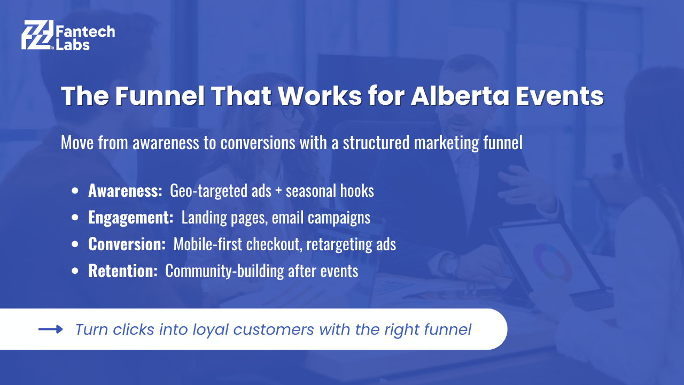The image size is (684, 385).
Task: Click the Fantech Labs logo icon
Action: (37, 35)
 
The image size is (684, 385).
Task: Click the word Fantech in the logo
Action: (85, 32)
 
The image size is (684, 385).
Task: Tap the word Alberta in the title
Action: (460, 96)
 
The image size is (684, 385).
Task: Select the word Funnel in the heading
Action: (160, 96)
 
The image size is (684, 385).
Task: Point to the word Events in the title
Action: (559, 96)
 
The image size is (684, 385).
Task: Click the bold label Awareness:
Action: (125, 191)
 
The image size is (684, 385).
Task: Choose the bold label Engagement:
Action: (131, 218)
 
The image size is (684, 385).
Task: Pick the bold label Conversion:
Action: (127, 244)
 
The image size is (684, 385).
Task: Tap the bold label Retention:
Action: (123, 271)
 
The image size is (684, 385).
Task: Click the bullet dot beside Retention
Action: (75, 271)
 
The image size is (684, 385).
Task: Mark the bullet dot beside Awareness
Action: (75, 191)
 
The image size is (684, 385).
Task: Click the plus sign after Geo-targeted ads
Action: (278, 191)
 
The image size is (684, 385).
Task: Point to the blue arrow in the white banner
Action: (51, 329)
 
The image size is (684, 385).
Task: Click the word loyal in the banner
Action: (211, 330)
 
